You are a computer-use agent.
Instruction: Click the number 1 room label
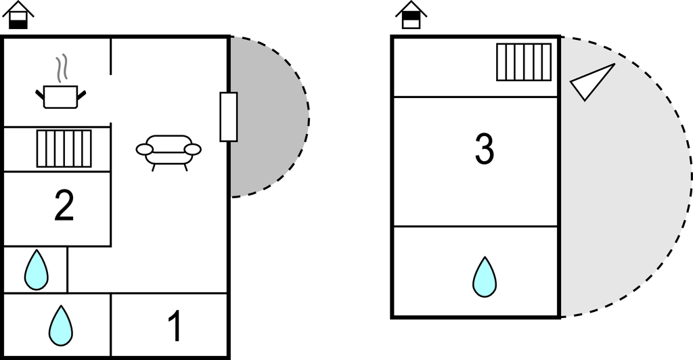[174, 326]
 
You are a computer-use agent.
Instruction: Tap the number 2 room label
[64, 206]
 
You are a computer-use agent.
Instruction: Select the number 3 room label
[484, 150]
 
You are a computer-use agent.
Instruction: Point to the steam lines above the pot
[62, 68]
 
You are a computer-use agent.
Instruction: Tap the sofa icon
[169, 150]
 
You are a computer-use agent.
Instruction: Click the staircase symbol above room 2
[64, 148]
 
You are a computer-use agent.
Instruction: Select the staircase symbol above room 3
[524, 62]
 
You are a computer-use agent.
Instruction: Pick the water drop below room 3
[485, 277]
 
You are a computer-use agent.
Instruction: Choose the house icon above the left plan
[19, 15]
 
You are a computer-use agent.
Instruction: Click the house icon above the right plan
[411, 15]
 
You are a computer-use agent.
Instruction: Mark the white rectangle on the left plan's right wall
[229, 117]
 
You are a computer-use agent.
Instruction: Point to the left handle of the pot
[39, 93]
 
